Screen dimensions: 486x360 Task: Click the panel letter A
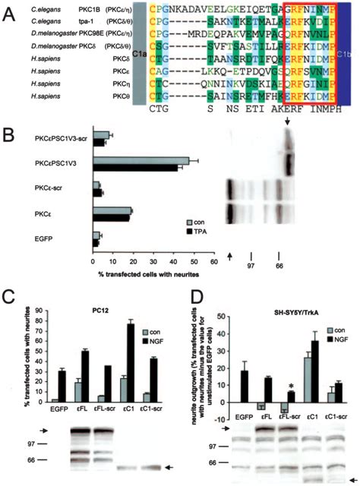9,9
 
